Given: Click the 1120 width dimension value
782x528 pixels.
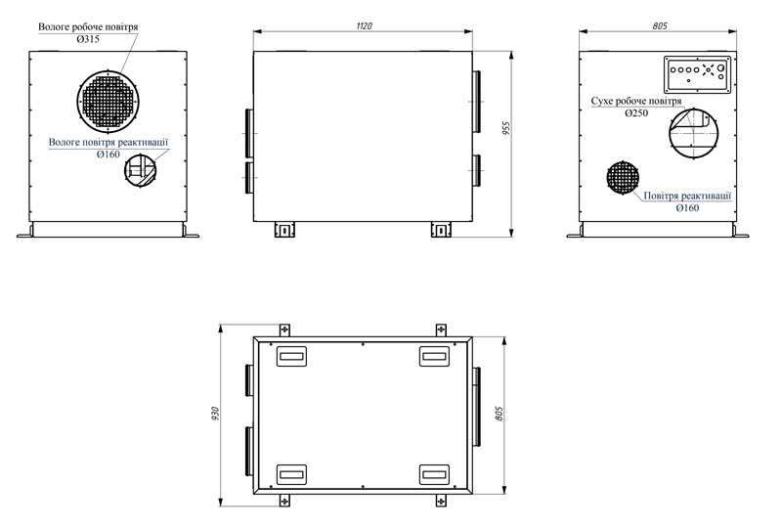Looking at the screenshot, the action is (x=364, y=26).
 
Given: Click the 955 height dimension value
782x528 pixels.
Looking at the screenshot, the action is (x=506, y=129).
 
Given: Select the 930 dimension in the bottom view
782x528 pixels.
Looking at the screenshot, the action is (x=215, y=414).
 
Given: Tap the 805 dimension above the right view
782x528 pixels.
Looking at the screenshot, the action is (x=659, y=26).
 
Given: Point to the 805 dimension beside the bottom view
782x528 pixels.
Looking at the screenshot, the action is (x=500, y=414).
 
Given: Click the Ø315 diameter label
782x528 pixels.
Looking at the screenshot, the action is (x=88, y=39).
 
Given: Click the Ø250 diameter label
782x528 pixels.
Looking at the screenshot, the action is (x=636, y=113).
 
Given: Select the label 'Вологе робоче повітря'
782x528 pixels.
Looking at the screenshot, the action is (x=88, y=27).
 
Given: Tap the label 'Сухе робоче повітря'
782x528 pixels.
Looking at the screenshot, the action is (x=636, y=101).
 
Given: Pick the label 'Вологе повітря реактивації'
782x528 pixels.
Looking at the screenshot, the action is (x=109, y=142).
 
